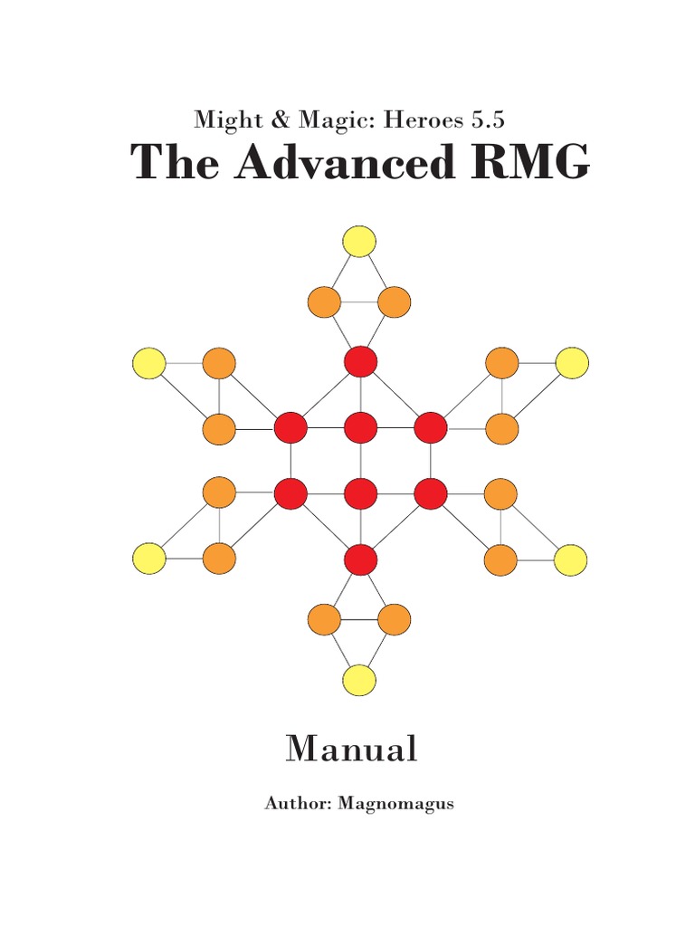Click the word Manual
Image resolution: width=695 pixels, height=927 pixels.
pyautogui.click(x=351, y=750)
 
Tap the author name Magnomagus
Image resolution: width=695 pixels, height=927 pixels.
pyautogui.click(x=395, y=803)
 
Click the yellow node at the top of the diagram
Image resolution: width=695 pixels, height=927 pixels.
pyautogui.click(x=359, y=242)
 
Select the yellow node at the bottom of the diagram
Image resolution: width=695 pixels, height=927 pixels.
pyautogui.click(x=359, y=680)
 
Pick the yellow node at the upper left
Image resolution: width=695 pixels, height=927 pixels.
pyautogui.click(x=149, y=363)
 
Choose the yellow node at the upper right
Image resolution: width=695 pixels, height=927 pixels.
pyautogui.click(x=572, y=363)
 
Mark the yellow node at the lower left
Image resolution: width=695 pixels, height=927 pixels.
pyautogui.click(x=149, y=559)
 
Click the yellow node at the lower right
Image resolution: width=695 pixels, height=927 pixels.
pyautogui.click(x=571, y=560)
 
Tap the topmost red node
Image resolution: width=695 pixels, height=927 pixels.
pyautogui.click(x=360, y=361)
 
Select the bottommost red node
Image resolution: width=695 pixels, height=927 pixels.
pyautogui.click(x=360, y=559)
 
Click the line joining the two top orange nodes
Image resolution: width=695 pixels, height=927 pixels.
pyautogui.click(x=359, y=302)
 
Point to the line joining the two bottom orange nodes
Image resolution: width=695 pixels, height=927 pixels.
pyautogui.click(x=359, y=620)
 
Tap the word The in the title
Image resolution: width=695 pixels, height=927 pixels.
pyautogui.click(x=168, y=164)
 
